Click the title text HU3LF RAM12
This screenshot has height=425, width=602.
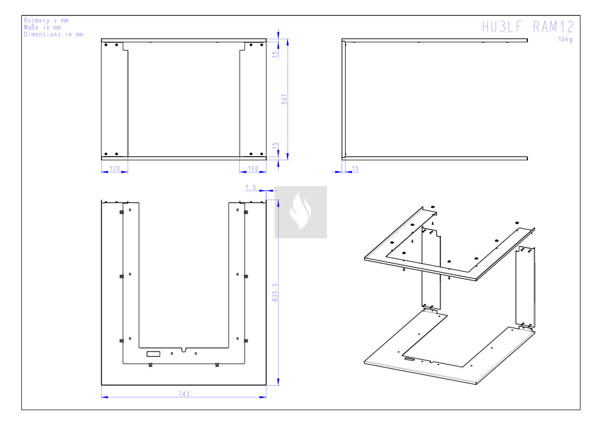(528, 27)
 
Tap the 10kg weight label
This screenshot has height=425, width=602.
(565, 39)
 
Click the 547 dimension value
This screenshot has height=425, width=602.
(285, 99)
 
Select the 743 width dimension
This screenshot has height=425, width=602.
(184, 393)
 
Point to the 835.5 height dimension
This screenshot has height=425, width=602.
(275, 292)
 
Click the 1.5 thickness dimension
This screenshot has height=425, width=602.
(250, 187)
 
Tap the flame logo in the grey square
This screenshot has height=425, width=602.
(300, 211)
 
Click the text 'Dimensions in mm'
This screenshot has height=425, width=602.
(53, 35)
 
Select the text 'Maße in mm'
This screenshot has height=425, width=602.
(42, 28)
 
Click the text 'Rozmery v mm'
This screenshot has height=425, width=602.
(46, 21)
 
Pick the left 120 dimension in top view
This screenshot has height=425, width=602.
(115, 168)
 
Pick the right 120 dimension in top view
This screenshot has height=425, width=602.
(253, 168)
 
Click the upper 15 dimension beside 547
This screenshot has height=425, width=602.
(275, 55)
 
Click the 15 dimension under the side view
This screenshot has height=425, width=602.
(355, 168)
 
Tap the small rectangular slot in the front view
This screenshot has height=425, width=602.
(153, 354)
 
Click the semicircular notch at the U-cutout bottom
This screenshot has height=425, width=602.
(184, 350)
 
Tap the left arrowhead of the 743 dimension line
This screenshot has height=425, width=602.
(105, 397)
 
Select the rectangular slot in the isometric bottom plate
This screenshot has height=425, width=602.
(409, 359)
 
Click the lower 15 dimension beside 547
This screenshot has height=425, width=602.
(275, 146)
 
